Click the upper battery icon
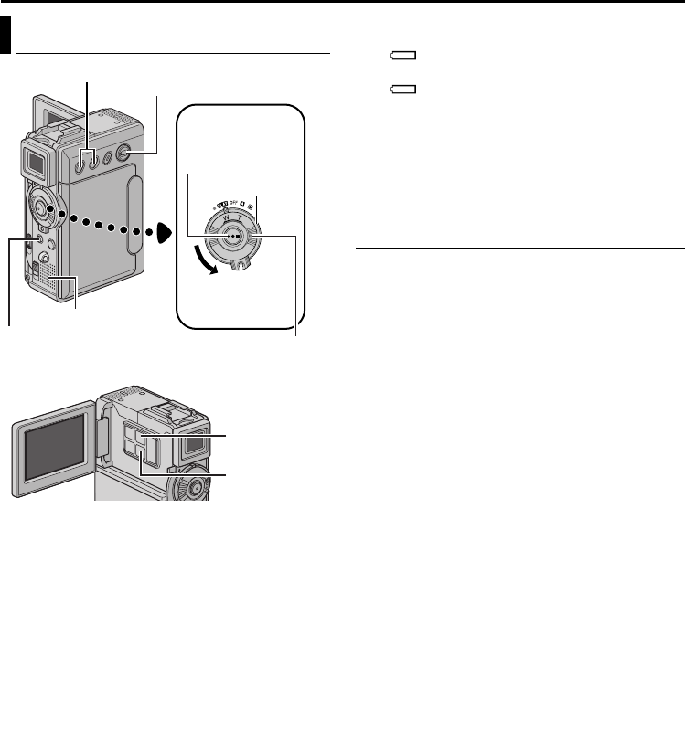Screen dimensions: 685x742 point(403,55)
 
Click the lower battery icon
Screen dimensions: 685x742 point(403,90)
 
